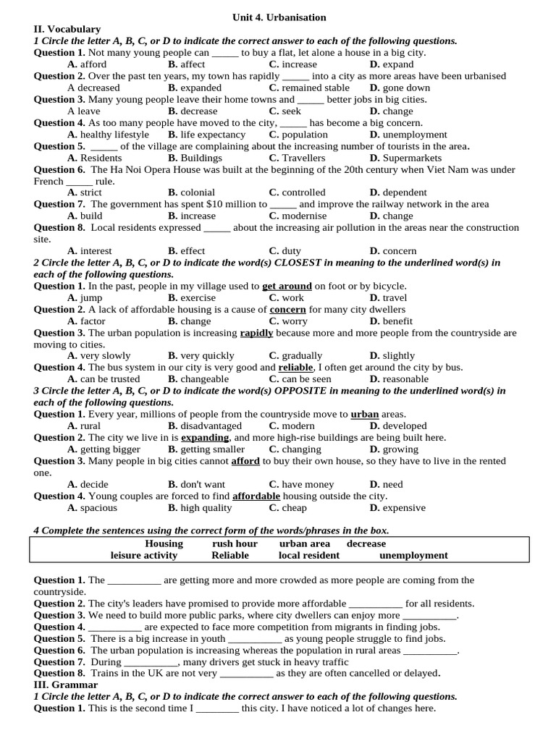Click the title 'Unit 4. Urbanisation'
click(x=279, y=17)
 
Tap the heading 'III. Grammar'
click(x=66, y=685)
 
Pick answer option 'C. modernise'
click(x=298, y=216)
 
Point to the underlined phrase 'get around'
click(x=287, y=286)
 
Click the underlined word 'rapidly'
click(x=256, y=333)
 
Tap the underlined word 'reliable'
click(x=295, y=368)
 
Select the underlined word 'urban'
click(x=365, y=415)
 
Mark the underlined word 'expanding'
click(x=205, y=438)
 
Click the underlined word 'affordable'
click(x=256, y=496)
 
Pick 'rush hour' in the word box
click(x=235, y=543)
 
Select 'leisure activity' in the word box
click(x=143, y=555)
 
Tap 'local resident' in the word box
click(x=308, y=555)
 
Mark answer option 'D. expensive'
click(x=397, y=508)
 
